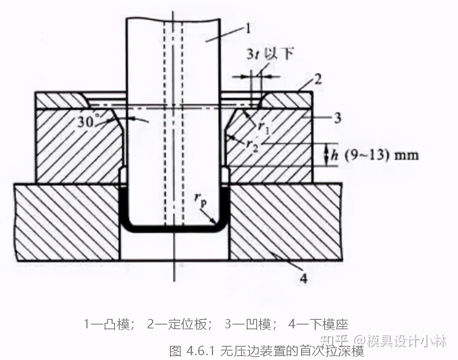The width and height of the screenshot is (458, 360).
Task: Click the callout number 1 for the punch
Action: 248,28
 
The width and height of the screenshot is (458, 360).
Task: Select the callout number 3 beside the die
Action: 337,118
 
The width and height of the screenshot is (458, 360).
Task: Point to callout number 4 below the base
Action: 303,279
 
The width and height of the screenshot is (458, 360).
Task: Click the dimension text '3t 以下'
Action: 270,54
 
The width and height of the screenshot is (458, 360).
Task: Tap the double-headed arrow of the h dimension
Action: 327,154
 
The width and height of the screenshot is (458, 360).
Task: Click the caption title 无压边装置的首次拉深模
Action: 292,350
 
